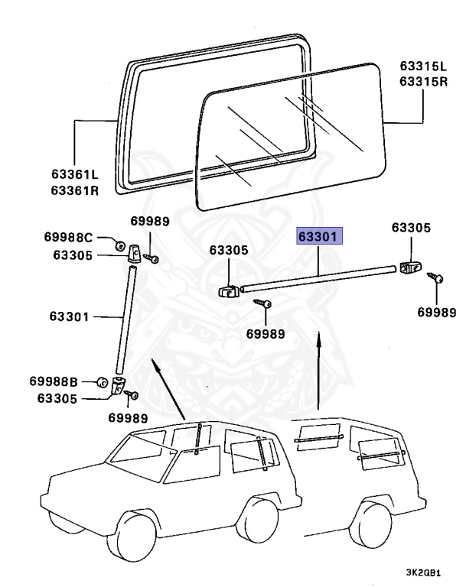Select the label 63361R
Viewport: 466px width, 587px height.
74,190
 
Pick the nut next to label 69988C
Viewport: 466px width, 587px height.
120,245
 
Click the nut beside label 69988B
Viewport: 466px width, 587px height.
102,381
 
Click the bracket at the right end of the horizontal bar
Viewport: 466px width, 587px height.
411,267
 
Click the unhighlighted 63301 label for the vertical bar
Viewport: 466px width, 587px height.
70,316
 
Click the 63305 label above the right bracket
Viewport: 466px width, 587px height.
411,228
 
